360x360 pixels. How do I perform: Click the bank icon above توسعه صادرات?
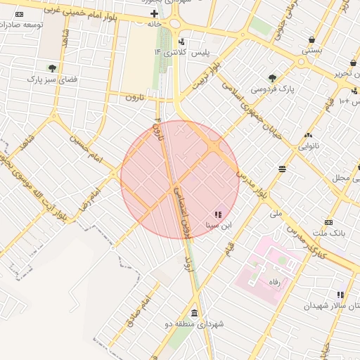coord(18,14)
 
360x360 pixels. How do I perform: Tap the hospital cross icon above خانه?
coord(154,13)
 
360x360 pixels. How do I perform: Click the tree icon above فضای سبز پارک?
coord(51,68)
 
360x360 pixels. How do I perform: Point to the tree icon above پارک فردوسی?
coord(272,78)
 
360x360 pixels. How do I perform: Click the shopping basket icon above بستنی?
coord(311,40)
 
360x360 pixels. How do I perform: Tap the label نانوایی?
coord(312,146)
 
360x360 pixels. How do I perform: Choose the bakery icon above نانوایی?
coord(307,135)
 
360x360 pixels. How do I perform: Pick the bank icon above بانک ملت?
coord(328,221)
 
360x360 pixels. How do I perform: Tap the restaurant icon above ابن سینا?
coord(217,214)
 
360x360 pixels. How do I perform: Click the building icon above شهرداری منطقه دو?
coord(193,313)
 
